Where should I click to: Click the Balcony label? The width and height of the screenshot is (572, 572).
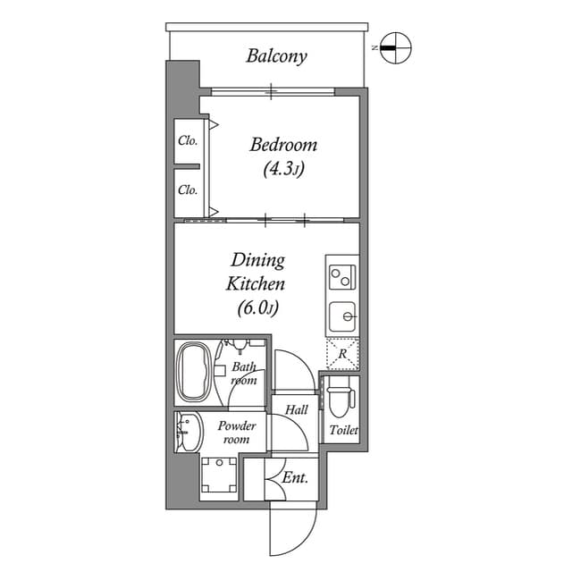point(276,56)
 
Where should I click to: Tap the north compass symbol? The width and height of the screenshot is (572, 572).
point(394,47)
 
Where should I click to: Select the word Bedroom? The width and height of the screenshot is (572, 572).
point(283,145)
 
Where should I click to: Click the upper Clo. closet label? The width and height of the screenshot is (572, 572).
point(188,140)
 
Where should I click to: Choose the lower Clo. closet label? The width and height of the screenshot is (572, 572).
point(188,189)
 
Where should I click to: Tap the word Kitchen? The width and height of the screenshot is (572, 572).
point(255,284)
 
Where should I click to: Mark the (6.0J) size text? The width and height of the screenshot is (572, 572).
point(258,308)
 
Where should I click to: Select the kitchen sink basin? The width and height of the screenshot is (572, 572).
point(341,316)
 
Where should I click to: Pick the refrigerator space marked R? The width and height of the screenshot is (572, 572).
point(342,353)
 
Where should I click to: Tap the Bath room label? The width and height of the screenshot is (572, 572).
point(244,374)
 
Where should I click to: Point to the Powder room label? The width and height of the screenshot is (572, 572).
point(236,433)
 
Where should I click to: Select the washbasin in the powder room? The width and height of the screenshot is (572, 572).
point(186,433)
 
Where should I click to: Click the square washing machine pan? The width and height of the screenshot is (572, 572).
point(217,475)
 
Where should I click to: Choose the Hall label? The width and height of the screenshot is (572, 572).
point(297,409)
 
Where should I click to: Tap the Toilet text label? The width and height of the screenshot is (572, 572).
point(343,431)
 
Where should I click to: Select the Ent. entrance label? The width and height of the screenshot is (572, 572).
point(295,478)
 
